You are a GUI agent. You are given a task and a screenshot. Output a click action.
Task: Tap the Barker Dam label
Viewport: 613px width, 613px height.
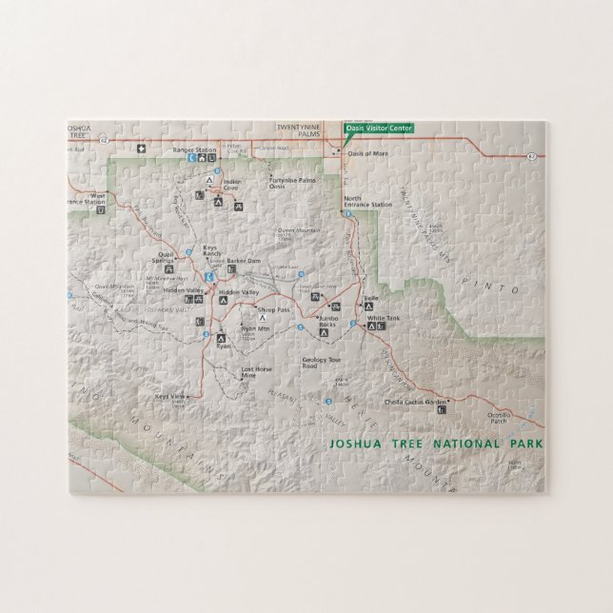pos(244,259)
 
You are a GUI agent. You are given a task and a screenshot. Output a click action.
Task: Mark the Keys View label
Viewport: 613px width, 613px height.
pos(168,395)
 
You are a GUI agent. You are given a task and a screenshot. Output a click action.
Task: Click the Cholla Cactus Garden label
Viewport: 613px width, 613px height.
pos(414,401)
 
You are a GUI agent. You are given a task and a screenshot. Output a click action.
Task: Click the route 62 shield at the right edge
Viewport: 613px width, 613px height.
pos(531,154)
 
